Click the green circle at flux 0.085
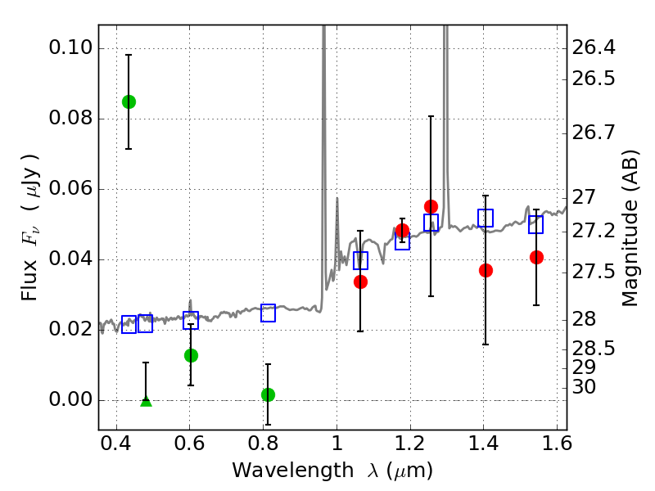pos(129,101)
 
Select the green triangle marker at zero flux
pos(146,401)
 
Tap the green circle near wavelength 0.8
pos(268,394)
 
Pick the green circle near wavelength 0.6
pos(191,355)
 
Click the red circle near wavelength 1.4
pos(486,270)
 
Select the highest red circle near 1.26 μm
pos(431,206)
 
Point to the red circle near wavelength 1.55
pos(536,257)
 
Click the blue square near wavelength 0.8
pos(268,313)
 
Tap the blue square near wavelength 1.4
pos(486,218)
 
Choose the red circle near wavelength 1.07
pos(360,282)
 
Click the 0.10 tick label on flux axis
pos(70,48)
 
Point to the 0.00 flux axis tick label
pos(70,400)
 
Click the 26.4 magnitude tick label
pos(596,47)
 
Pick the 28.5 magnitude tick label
pos(596,349)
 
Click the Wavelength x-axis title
pos(332,471)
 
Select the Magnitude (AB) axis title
pos(630,227)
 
